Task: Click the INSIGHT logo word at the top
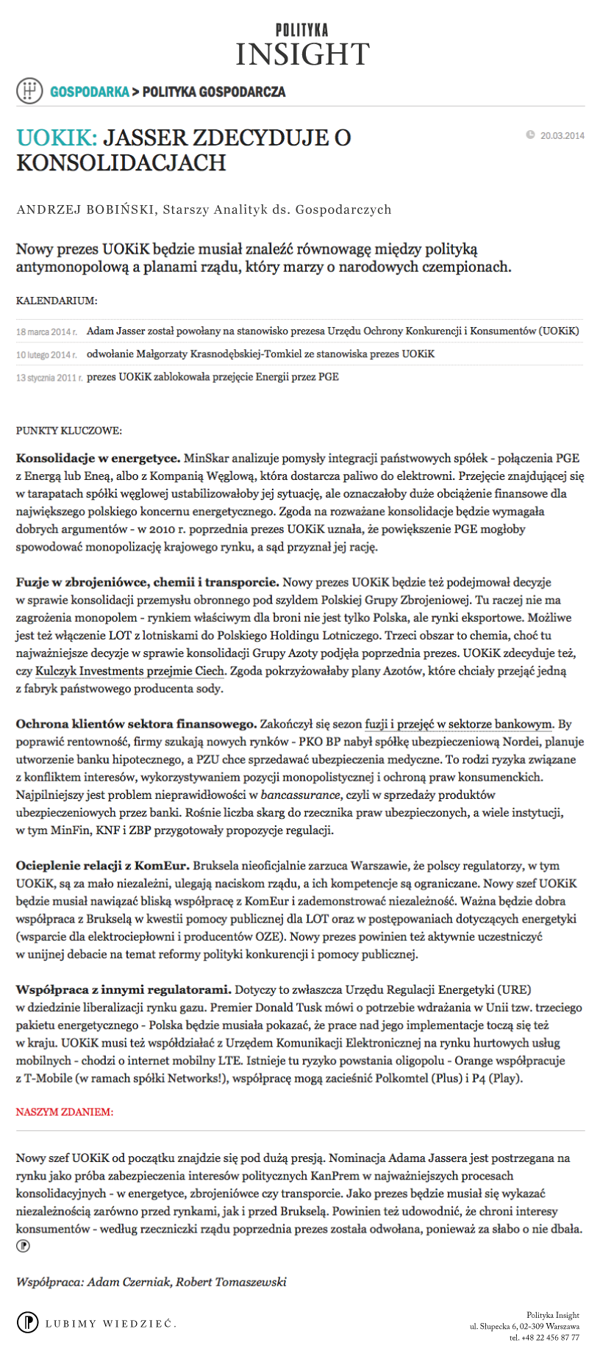tap(302, 54)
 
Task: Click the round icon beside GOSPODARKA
tap(29, 91)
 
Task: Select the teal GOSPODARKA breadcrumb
tap(89, 92)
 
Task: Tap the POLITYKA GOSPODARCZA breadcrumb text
tap(214, 92)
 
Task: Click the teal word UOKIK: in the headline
tap(57, 137)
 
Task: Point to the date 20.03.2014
tap(562, 135)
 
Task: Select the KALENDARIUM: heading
tap(57, 301)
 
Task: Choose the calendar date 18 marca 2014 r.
tap(47, 331)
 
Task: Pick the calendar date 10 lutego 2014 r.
tap(47, 354)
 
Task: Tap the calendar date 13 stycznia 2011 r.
tap(49, 377)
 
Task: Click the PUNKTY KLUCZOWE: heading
tap(69, 430)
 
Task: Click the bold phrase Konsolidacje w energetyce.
tap(98, 458)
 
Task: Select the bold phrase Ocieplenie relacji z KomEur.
tap(103, 865)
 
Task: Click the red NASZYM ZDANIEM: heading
tap(65, 1112)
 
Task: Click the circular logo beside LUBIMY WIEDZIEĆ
tap(27, 1322)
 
